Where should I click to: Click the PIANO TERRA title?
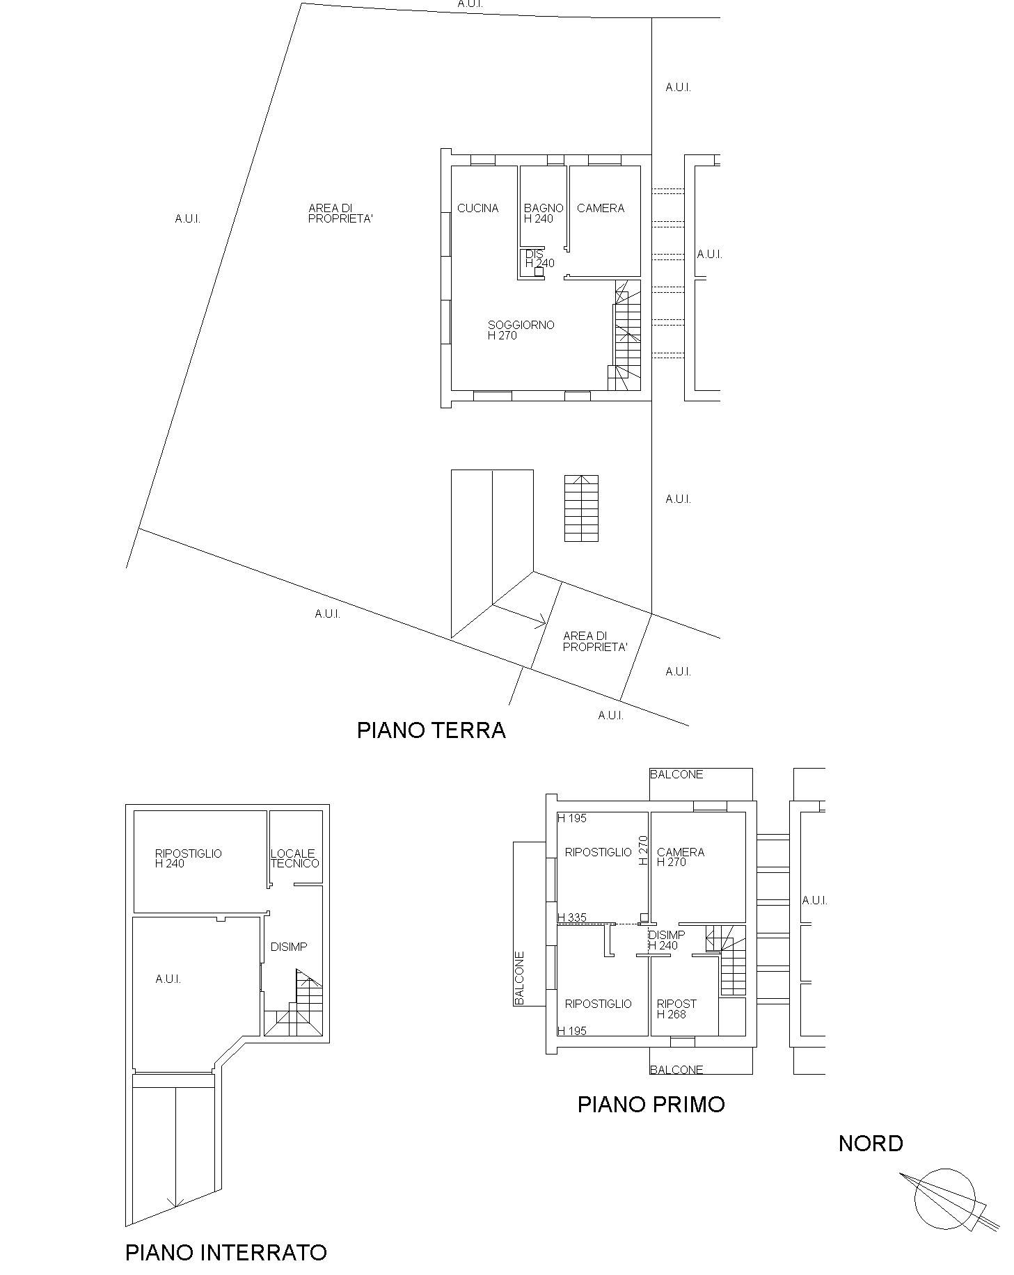431,730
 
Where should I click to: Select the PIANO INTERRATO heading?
226,1253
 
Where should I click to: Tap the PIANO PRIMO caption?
651,1105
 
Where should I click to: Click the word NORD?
871,1144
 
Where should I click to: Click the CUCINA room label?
478,208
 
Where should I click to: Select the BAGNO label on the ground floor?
544,208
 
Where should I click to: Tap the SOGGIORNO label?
521,325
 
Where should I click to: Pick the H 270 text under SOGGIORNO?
502,335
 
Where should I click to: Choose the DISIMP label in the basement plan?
289,947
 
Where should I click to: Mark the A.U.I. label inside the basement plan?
168,979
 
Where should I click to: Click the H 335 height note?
572,917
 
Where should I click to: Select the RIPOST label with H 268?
676,1004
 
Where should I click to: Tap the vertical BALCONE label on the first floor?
519,978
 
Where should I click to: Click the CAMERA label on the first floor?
681,852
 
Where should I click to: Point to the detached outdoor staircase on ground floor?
581,508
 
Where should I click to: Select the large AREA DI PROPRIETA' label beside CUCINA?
341,214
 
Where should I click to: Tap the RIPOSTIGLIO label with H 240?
189,858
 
